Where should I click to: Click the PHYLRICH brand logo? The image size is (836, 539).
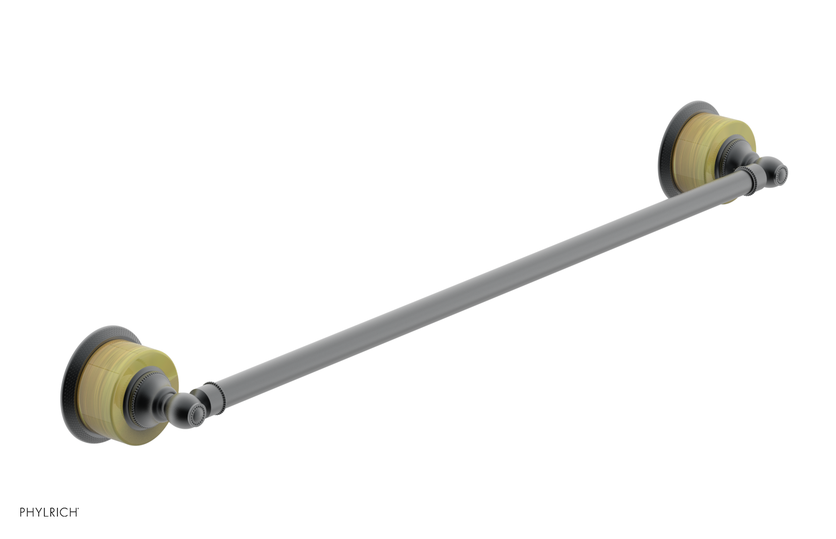(49, 512)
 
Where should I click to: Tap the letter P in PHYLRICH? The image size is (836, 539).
(23, 512)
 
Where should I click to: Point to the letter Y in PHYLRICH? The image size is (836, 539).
(39, 512)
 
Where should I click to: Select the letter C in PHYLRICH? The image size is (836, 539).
(66, 512)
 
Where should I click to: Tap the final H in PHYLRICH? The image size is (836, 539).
(74, 512)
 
